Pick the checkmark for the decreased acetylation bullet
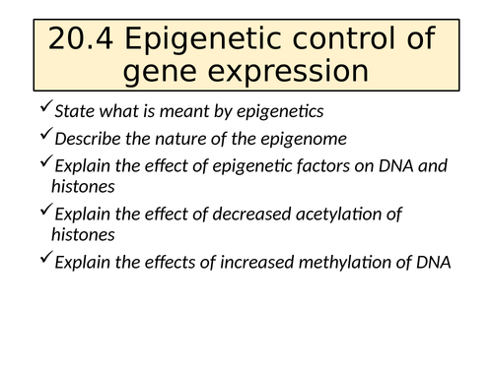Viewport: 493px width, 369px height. [x=45, y=212]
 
